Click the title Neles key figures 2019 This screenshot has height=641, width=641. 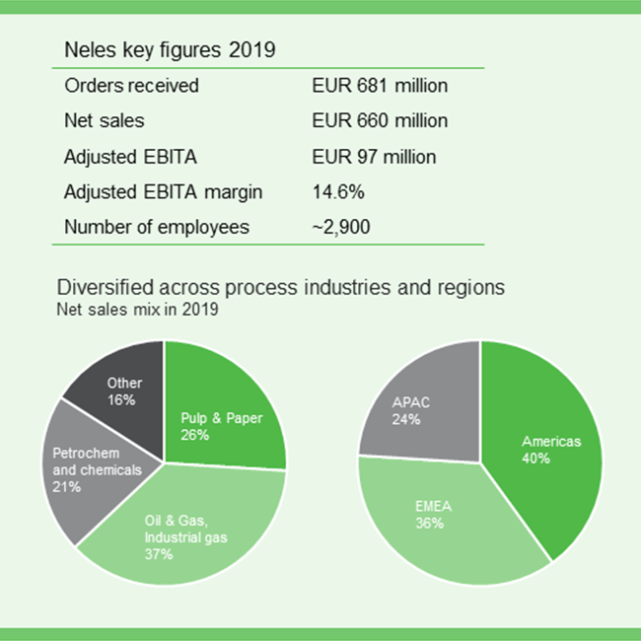(x=170, y=49)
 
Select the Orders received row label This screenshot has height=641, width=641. (x=131, y=86)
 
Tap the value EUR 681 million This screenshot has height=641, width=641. (x=380, y=86)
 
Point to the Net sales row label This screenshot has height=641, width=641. (x=105, y=121)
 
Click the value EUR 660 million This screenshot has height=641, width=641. (x=380, y=121)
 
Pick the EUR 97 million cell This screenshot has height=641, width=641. (x=374, y=156)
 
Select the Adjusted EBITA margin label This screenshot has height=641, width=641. (x=164, y=191)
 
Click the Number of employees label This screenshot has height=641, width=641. (x=157, y=227)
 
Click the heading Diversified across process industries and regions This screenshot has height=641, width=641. (x=281, y=288)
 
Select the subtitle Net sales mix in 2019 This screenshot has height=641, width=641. (x=137, y=309)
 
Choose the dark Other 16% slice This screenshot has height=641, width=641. (x=124, y=390)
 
